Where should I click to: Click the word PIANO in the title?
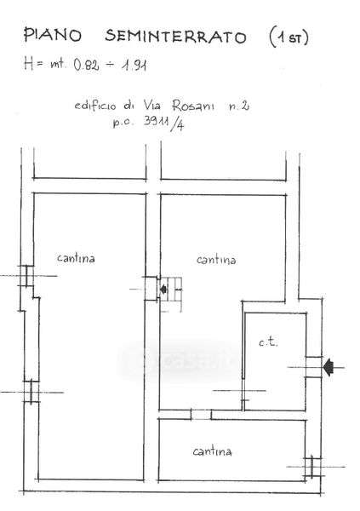(x=53, y=35)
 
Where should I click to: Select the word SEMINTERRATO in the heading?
(x=175, y=36)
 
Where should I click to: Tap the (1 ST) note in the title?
(x=289, y=37)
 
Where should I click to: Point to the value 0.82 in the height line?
(x=86, y=65)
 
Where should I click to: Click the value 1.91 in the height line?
(x=134, y=66)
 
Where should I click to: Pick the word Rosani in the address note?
(x=193, y=106)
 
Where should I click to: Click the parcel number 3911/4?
(x=164, y=123)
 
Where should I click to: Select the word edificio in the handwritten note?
(x=94, y=106)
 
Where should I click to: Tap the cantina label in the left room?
(x=76, y=258)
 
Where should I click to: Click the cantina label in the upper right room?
(x=216, y=260)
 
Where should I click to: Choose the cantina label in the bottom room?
(x=212, y=451)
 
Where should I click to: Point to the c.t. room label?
(x=268, y=342)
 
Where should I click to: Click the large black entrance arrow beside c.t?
(x=329, y=367)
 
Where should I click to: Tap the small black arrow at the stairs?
(x=163, y=289)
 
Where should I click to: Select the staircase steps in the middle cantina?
(x=171, y=294)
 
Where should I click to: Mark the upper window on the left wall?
(x=26, y=276)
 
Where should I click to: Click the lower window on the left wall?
(x=31, y=392)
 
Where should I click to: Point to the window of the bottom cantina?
(x=312, y=467)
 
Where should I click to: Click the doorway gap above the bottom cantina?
(x=201, y=415)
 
